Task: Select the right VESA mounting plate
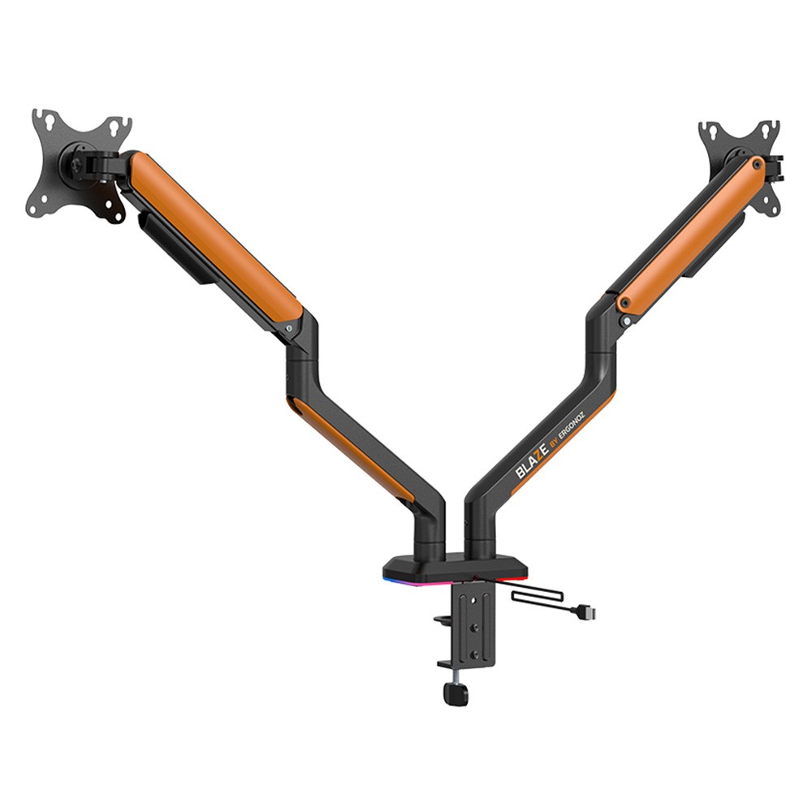[x=741, y=166]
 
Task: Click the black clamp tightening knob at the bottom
[x=456, y=693]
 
